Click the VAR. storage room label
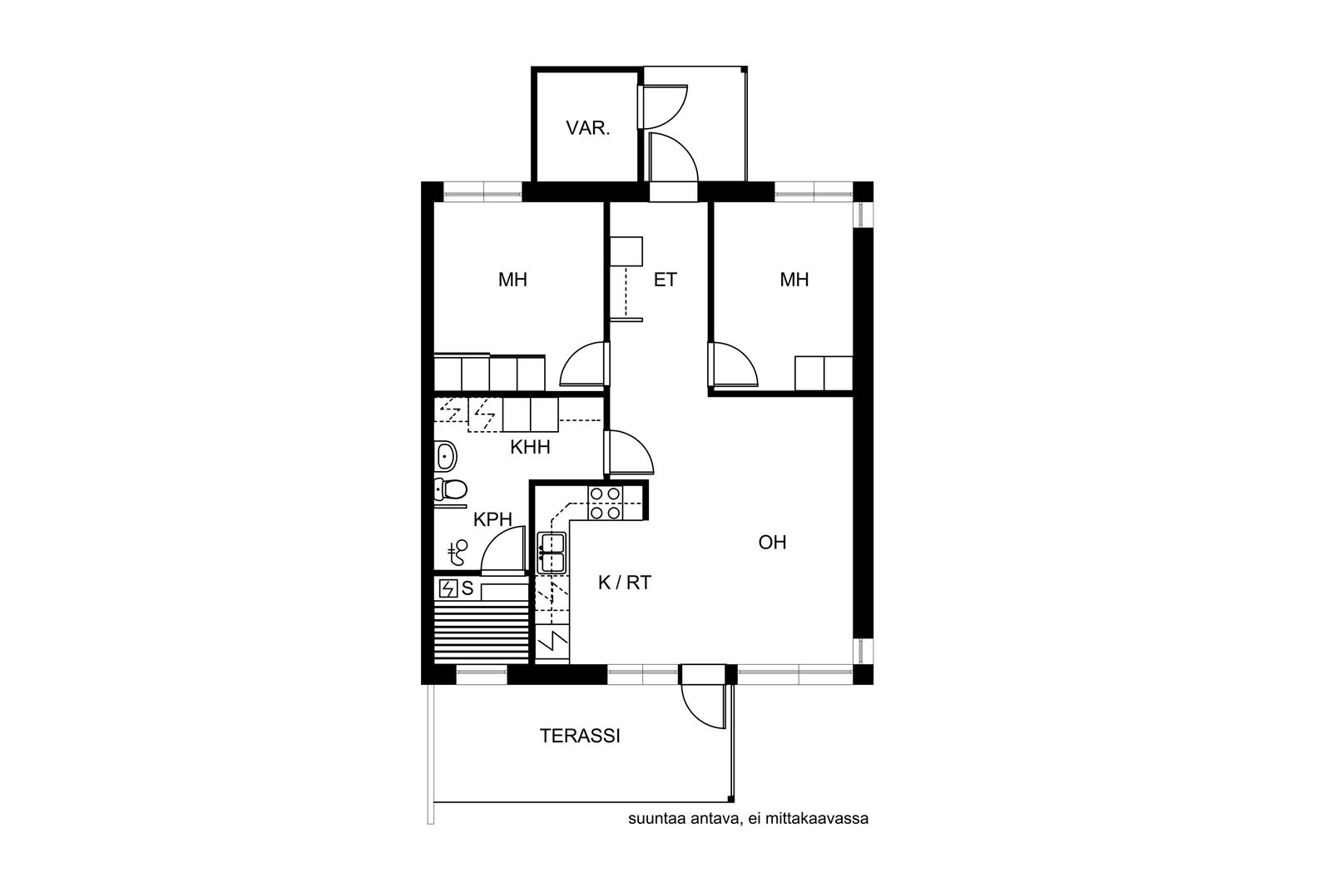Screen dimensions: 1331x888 587,128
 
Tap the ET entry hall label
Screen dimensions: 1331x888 665,280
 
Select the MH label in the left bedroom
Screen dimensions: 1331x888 512,280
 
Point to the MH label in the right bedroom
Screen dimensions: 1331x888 794,280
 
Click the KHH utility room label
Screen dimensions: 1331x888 530,447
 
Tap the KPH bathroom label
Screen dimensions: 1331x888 492,519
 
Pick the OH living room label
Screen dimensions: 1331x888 773,542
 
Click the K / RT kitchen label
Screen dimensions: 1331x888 625,583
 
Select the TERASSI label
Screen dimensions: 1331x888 579,736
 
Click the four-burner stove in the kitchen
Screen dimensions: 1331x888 606,503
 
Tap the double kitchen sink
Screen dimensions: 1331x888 552,553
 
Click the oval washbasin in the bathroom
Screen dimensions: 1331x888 445,456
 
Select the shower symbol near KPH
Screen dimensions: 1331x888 458,553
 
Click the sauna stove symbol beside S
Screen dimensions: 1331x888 448,588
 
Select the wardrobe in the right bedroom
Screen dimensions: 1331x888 824,374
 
